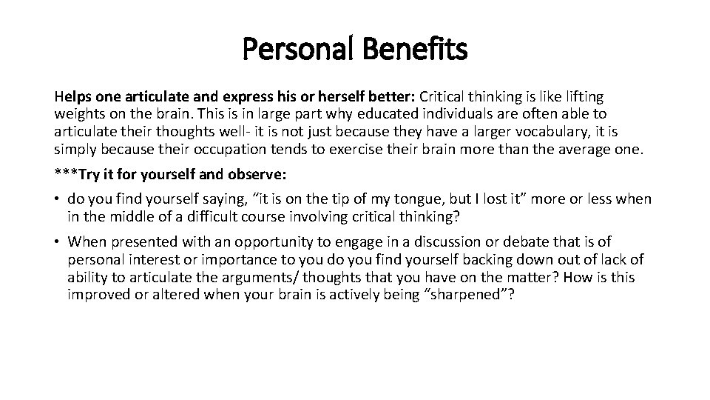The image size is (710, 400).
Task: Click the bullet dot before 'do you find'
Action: point(58,199)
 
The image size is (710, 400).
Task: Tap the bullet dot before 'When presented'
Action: point(58,242)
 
